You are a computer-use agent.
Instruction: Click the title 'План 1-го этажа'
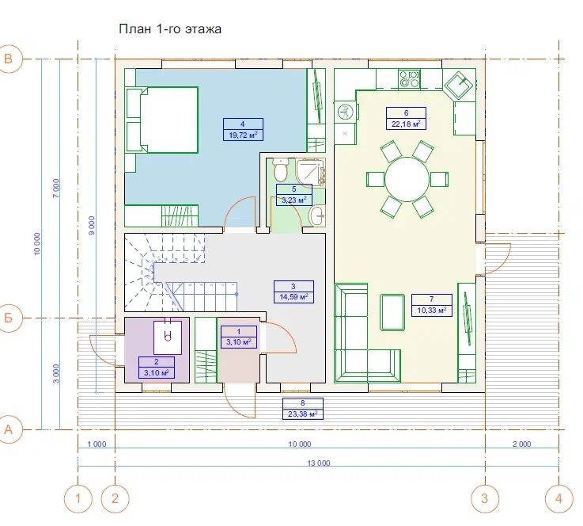coord(170,29)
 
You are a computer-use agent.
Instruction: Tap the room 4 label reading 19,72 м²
coord(243,130)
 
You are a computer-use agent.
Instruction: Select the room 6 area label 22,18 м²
coord(406,118)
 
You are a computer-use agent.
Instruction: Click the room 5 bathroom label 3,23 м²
coord(294,195)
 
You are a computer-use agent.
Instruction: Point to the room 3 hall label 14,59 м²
coord(293,292)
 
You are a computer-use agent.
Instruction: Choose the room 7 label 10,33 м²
coord(432,305)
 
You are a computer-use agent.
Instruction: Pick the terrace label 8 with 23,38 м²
coord(303,409)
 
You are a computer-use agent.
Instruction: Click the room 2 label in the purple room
coord(157,367)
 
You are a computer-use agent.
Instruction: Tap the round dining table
coord(407,180)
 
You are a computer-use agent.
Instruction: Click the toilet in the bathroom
coord(280,170)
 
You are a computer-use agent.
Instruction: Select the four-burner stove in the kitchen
coord(409,79)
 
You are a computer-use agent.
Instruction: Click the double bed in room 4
coord(162,120)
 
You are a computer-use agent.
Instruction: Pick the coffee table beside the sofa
coord(392,312)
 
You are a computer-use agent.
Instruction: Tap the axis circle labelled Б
coord(9,318)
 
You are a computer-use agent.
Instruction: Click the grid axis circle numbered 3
coord(484,498)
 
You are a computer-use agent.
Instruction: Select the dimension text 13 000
coord(319,463)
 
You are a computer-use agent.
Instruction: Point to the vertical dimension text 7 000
coord(56,189)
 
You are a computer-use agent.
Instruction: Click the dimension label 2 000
coord(521,444)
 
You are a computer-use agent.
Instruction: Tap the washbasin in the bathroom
coord(316,215)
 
